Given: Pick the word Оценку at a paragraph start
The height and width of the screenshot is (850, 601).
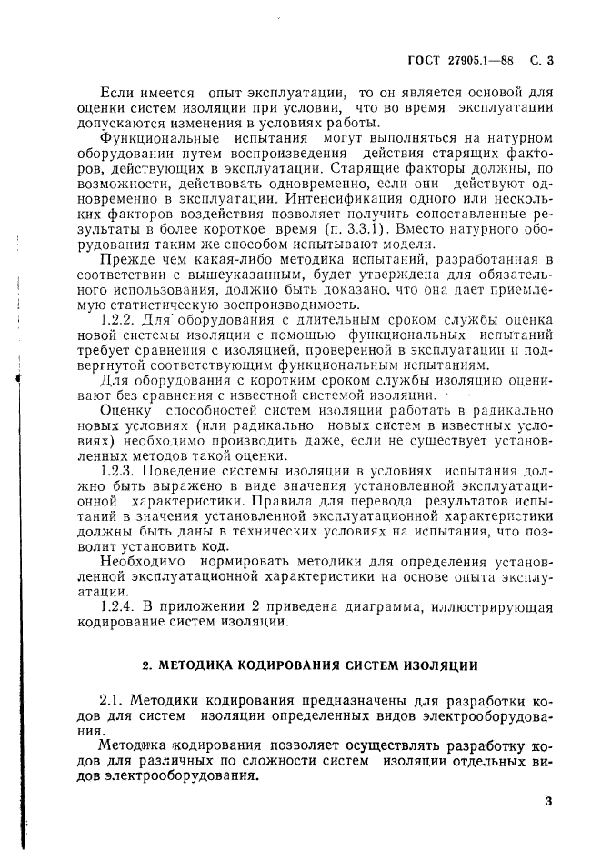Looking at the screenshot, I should coord(125,412).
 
